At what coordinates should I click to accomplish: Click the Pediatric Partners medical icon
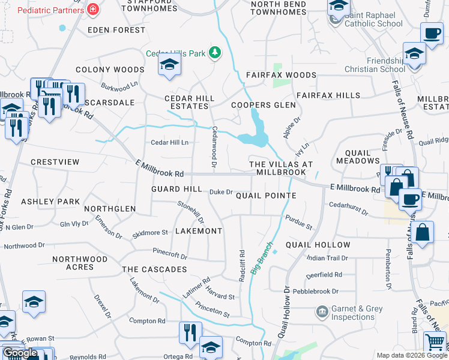[x=92, y=10]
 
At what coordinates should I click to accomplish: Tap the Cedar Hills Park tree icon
[x=215, y=53]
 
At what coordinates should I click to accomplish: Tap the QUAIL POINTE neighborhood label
[x=265, y=196]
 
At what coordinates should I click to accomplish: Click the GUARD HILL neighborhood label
[x=176, y=188]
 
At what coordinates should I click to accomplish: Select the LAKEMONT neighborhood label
[x=199, y=231]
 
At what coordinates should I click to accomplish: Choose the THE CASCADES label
[x=154, y=269]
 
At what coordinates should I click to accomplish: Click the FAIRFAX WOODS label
[x=281, y=75]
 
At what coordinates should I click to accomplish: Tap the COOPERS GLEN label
[x=264, y=105]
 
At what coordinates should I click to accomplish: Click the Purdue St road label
[x=299, y=223]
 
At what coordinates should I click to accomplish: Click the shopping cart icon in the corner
[x=435, y=343]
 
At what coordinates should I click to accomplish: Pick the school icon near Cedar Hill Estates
[x=170, y=65]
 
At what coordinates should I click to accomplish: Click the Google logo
[x=19, y=353]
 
